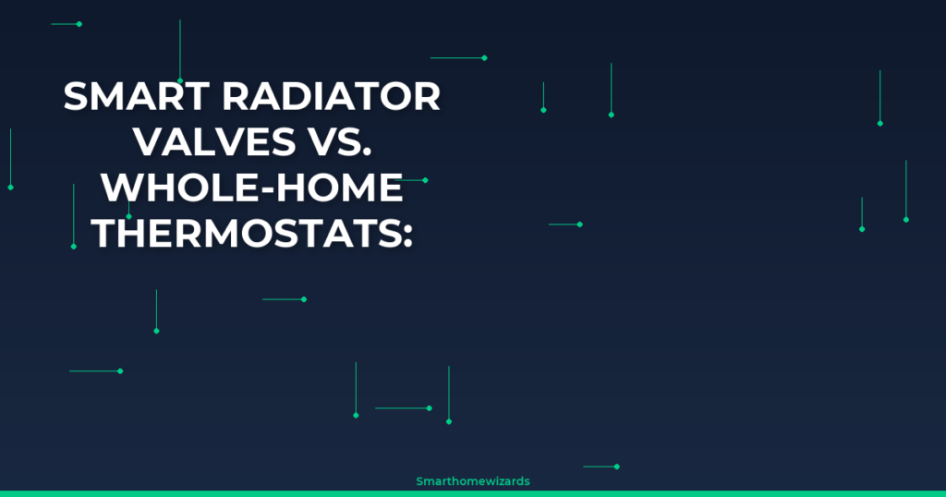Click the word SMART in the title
point(137,96)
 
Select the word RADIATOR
point(332,96)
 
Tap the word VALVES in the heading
point(214,142)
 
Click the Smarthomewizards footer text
point(473,481)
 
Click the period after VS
point(367,153)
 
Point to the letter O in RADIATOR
point(394,96)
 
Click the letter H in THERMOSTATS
point(133,234)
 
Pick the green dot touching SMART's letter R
point(180,80)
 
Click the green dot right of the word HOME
point(425,180)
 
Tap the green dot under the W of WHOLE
point(128,216)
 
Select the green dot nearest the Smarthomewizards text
point(616,467)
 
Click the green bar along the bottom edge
point(473,494)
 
